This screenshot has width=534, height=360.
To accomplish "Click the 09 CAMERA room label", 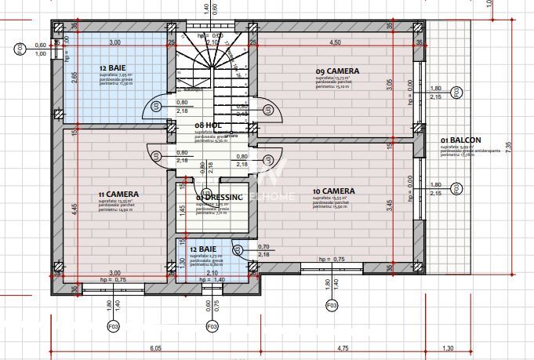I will click(337, 71).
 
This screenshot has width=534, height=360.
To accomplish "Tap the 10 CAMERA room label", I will click(333, 191).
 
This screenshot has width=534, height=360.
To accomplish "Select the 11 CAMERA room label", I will click(119, 194).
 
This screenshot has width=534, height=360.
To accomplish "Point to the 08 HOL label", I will click(206, 125).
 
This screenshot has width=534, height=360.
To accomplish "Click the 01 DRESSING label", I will click(220, 197).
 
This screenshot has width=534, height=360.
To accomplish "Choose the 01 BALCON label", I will click(460, 140).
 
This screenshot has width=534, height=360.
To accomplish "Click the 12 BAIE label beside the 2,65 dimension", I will click(114, 67).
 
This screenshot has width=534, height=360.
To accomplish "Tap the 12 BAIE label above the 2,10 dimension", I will click(205, 249).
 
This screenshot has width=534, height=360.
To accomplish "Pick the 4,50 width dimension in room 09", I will click(335, 42).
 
